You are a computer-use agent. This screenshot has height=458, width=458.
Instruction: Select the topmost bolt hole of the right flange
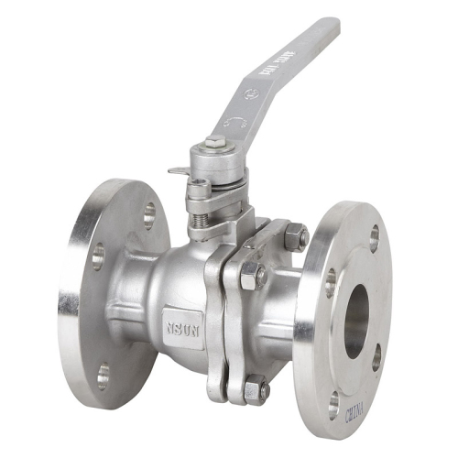374,237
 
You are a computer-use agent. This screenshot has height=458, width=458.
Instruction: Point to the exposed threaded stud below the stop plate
196,222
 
